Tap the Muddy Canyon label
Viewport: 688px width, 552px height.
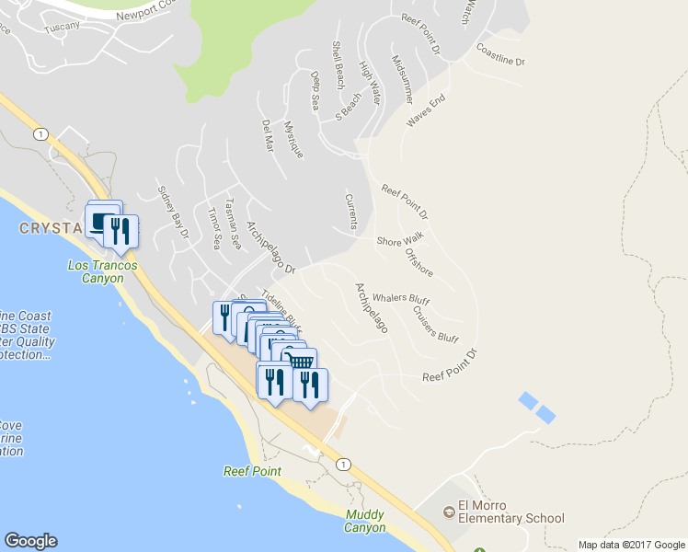tap(365, 521)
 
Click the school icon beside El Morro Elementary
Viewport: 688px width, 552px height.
tap(449, 510)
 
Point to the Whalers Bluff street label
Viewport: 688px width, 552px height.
tap(400, 299)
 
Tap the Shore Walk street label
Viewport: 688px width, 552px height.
tap(399, 241)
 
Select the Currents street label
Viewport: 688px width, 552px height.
tap(350, 212)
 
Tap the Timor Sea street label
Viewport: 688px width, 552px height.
tap(213, 229)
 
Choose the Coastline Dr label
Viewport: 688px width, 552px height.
tap(500, 54)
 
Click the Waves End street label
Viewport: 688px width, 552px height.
tap(426, 111)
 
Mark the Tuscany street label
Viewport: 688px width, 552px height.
tap(62, 26)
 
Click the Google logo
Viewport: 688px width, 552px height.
tap(30, 541)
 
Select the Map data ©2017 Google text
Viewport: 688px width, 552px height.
tap(630, 545)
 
